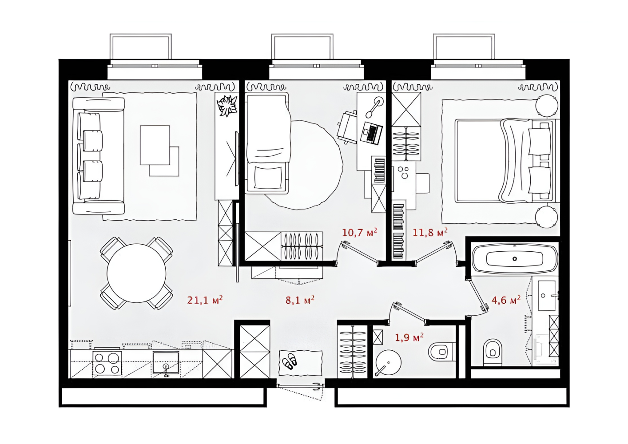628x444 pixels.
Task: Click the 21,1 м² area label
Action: click(x=205, y=300)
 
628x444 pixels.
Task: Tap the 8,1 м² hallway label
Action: click(x=300, y=300)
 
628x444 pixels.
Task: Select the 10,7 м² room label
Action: click(x=359, y=232)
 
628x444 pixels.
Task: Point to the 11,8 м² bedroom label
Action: click(x=430, y=232)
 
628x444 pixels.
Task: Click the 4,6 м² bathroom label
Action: click(x=506, y=300)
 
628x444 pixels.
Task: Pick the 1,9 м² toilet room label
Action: click(x=409, y=337)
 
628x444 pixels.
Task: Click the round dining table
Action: click(x=136, y=273)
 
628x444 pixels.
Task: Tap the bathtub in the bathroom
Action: click(x=515, y=259)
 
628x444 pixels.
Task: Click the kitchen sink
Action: click(x=166, y=363)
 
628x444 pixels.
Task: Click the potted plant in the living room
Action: click(x=227, y=106)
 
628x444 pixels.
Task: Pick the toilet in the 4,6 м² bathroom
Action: click(x=493, y=353)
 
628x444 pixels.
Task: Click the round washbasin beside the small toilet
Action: click(x=388, y=362)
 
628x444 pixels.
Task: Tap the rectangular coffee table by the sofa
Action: click(x=155, y=145)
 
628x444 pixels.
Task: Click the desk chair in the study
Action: click(x=348, y=127)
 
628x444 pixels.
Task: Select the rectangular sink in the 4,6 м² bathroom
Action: click(x=546, y=296)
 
